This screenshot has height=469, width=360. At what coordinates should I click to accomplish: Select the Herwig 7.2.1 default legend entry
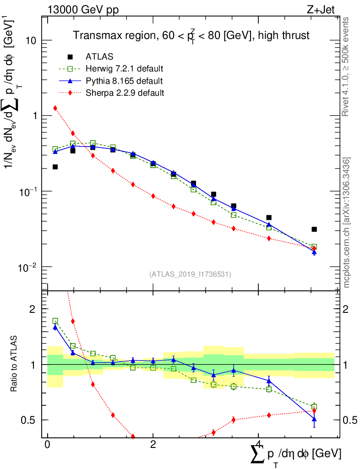[124, 69]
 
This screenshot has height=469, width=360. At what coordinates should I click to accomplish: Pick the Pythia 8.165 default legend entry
[124, 81]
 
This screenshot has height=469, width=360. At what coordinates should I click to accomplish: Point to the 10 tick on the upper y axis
[31, 40]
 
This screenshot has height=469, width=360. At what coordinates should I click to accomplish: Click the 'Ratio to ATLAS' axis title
[15, 364]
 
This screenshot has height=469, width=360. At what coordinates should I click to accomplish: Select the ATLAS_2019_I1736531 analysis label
[190, 274]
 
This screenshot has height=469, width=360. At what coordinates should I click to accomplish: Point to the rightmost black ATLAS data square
[314, 229]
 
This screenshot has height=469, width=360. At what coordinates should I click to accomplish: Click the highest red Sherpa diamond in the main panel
[55, 108]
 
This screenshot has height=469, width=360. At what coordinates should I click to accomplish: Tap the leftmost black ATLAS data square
[55, 167]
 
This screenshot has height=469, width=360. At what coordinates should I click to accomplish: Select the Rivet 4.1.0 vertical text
[347, 66]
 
